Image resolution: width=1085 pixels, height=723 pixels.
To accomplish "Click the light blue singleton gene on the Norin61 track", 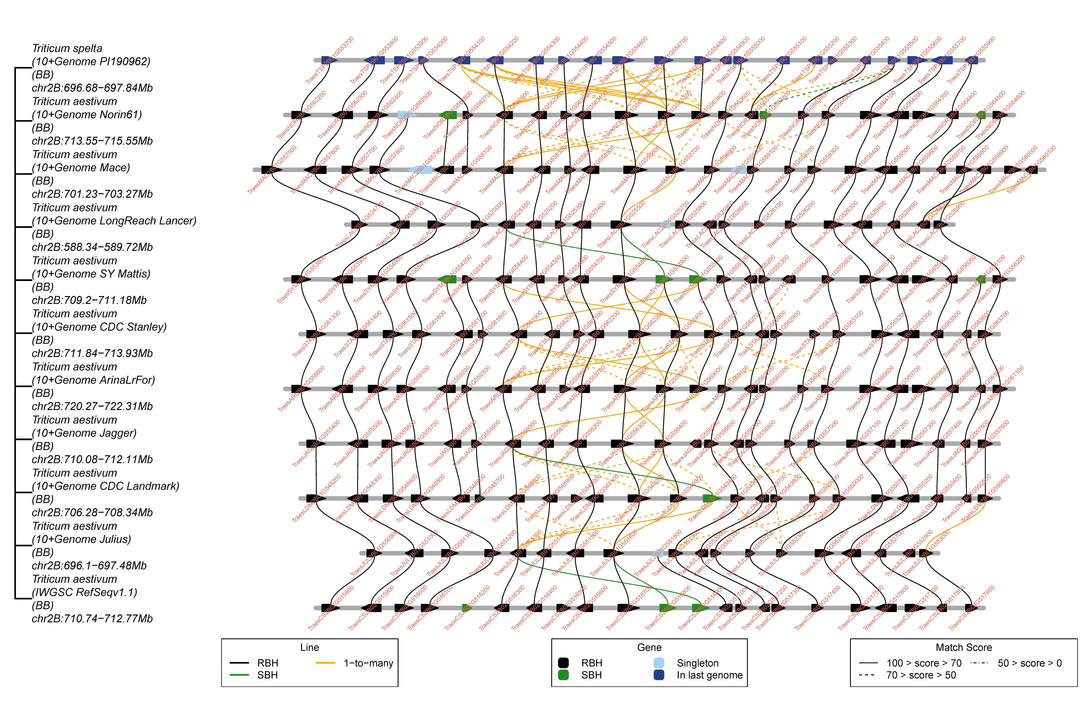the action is coord(406,115).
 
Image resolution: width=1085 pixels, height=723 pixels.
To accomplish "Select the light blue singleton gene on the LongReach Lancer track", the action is coord(666,225).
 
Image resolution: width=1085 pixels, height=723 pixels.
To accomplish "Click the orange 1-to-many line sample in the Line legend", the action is coord(325,663).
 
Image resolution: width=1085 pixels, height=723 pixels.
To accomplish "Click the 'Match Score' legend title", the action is coord(964,647).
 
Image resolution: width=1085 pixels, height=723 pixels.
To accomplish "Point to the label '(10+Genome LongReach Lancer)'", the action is coord(114,221).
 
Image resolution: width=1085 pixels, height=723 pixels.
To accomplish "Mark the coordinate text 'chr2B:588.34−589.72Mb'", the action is coord(92,247).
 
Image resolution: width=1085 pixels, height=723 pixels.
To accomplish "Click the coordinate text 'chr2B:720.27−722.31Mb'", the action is coord(92,406).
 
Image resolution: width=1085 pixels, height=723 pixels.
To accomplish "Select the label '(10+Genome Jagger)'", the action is coord(84,433).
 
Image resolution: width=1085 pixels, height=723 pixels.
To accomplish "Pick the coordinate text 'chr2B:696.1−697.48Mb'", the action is coord(89,566).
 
